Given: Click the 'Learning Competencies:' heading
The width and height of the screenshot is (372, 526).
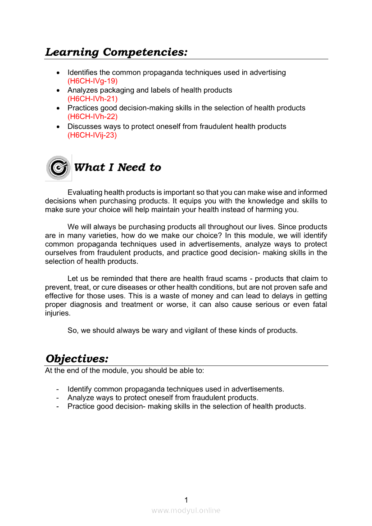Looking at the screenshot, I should click(116, 52).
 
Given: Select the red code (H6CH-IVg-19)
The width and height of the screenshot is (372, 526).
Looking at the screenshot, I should click(92, 81).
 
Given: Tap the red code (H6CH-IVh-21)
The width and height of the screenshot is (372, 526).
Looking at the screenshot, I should click(92, 99).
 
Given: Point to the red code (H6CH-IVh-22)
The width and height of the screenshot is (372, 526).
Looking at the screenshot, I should click(92, 117).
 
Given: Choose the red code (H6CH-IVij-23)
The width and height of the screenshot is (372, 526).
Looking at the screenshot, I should click(92, 135).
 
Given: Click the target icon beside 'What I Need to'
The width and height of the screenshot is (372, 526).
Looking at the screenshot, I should click(58, 167).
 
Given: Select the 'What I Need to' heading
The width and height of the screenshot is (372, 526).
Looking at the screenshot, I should click(117, 167).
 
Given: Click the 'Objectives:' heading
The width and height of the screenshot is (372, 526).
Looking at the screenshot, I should click(77, 359).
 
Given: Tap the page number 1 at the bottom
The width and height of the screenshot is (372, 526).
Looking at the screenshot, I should click(186, 500).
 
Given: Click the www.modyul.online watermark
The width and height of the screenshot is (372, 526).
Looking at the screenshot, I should click(186, 510).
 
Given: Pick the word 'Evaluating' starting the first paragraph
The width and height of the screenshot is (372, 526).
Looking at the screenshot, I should click(84, 193).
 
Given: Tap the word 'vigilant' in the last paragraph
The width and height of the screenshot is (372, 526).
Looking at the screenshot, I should click(183, 330).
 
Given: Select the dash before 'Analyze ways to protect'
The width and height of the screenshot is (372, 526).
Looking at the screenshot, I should click(57, 398).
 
